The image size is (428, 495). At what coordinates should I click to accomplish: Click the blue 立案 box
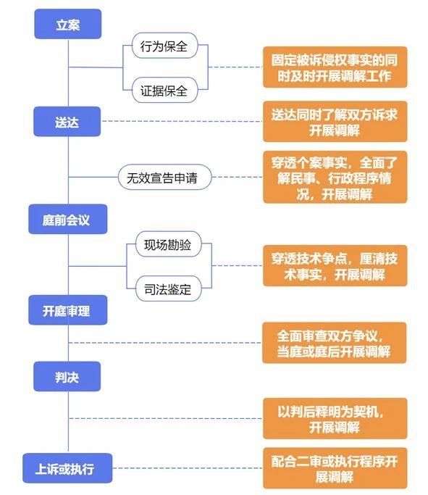tap(68, 24)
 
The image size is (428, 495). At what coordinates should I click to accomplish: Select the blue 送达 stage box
tap(67, 122)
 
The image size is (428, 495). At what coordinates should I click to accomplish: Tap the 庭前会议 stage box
tap(68, 219)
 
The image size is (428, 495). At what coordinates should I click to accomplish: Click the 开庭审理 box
tap(68, 310)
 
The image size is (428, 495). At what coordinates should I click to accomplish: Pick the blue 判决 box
tap(67, 376)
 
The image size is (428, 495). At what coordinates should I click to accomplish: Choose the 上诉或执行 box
tap(67, 468)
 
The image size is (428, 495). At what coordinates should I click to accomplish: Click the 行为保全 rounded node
tap(164, 46)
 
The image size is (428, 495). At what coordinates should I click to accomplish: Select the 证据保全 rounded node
tap(164, 90)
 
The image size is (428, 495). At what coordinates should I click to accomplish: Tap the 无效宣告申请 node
tap(164, 177)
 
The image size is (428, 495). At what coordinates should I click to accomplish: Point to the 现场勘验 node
tap(169, 244)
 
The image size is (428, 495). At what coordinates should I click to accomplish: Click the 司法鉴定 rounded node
tap(169, 288)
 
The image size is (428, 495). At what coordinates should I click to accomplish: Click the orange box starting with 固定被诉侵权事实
tap(335, 67)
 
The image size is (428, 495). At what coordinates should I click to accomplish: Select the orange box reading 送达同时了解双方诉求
tap(335, 122)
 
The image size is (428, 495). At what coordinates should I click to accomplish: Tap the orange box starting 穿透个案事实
tap(335, 177)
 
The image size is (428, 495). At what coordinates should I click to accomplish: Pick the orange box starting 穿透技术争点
tap(335, 266)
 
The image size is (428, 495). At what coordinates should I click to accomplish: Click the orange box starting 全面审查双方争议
tap(335, 343)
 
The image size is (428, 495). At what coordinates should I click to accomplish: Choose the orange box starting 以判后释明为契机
tap(335, 419)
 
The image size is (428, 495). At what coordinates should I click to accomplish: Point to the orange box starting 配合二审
tap(335, 468)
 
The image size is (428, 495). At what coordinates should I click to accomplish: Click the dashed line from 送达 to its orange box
tap(182, 121)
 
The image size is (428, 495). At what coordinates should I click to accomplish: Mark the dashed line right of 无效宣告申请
tap(238, 177)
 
